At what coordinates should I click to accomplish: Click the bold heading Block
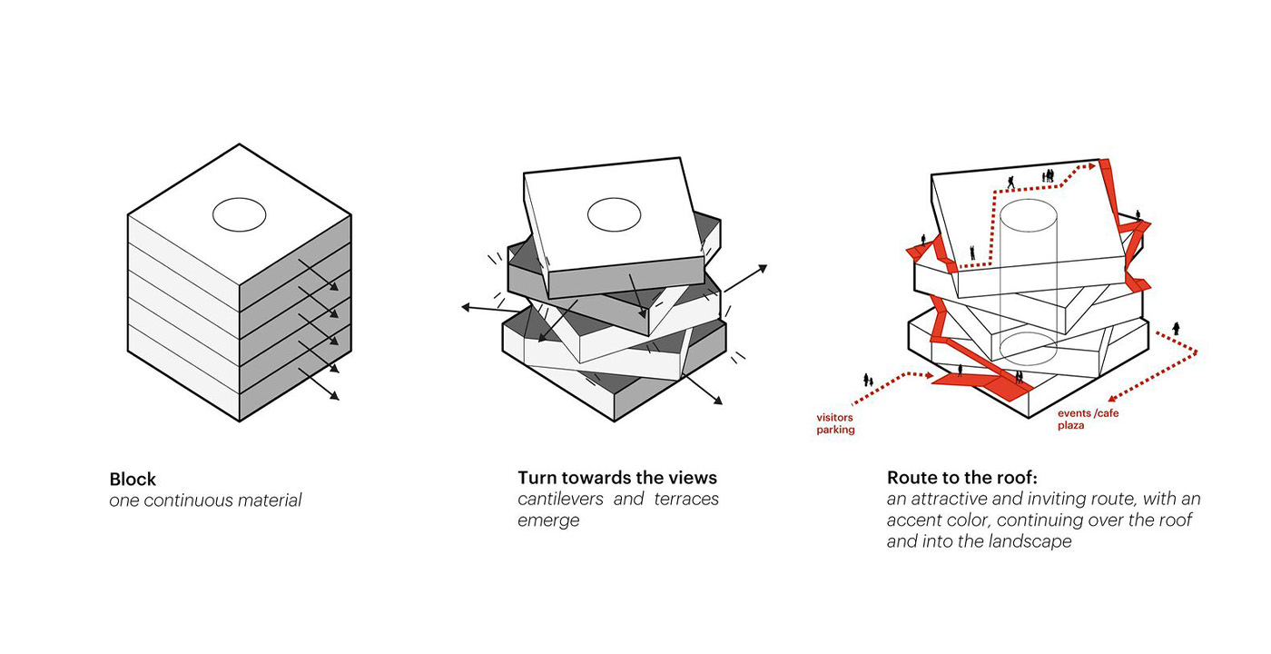point(133,479)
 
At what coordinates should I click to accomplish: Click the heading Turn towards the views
point(617,478)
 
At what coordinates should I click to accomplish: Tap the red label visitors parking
point(835,423)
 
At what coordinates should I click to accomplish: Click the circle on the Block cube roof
point(239,215)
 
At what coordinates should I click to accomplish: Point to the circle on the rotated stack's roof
point(614,215)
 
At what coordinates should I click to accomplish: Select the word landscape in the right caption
point(1029,542)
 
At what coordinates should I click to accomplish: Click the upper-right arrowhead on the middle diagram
point(762,269)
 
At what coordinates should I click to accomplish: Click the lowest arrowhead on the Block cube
point(335,395)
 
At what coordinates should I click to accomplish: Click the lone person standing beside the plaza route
point(1177,329)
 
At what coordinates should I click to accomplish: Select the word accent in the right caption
point(915,520)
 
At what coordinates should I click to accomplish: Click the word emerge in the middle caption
point(547,521)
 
